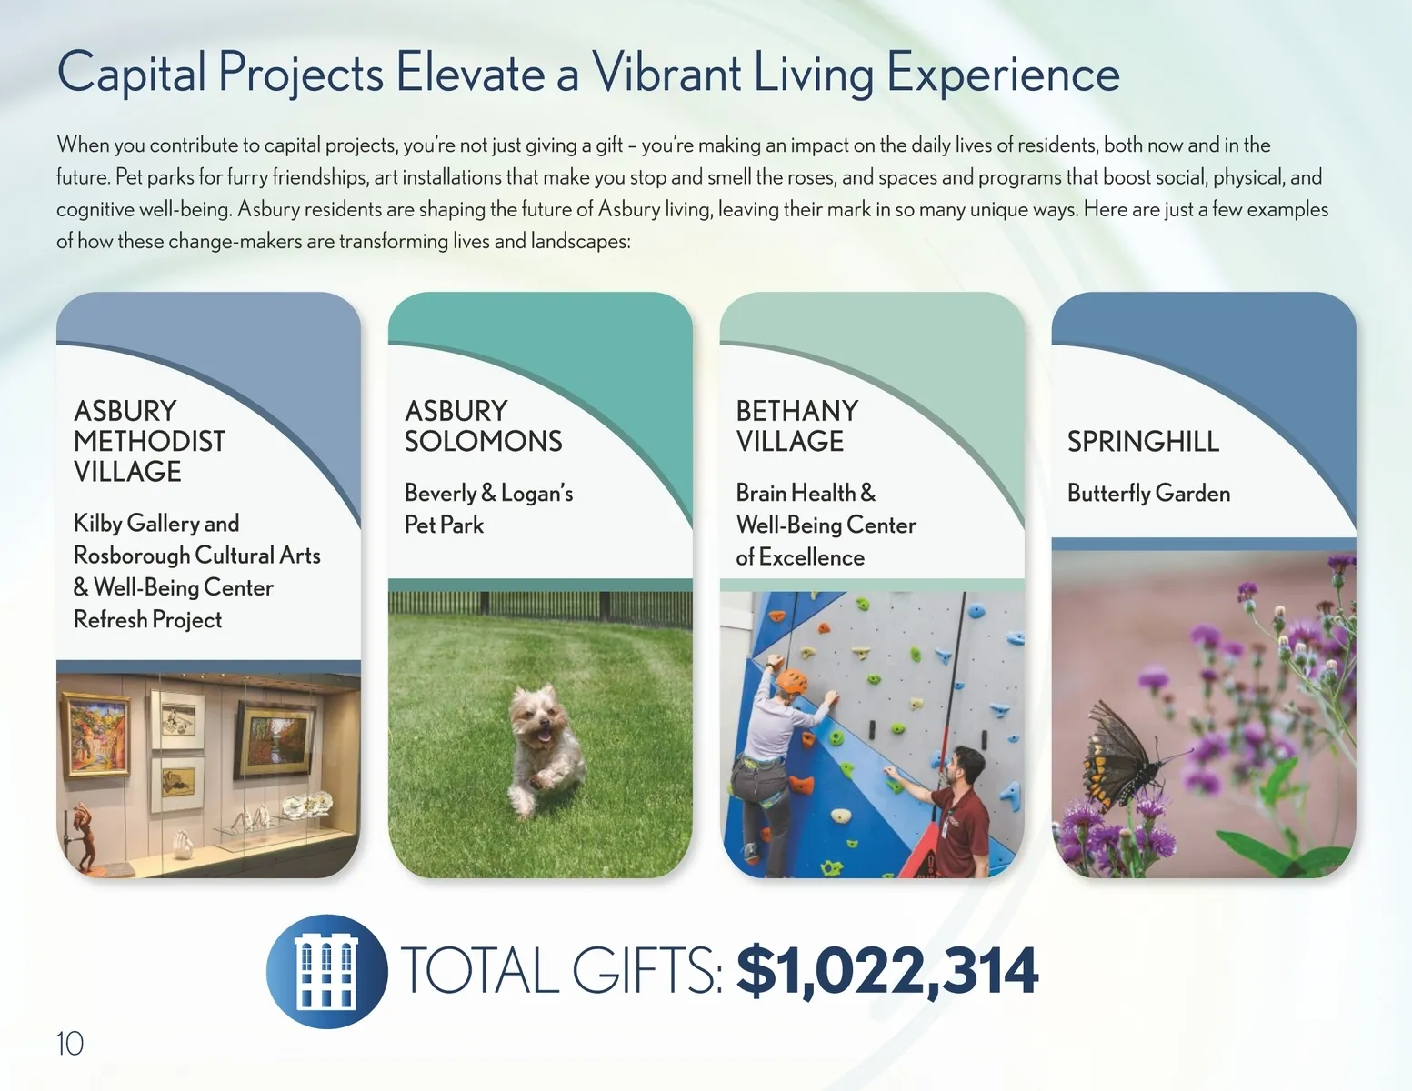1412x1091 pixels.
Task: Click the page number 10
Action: pyautogui.click(x=69, y=1045)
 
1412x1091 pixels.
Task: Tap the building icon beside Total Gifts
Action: pyautogui.click(x=326, y=971)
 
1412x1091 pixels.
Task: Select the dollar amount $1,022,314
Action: pyautogui.click(x=887, y=972)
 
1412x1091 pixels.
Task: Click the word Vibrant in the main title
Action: pyautogui.click(x=666, y=73)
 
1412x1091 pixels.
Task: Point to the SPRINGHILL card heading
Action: pyautogui.click(x=1143, y=442)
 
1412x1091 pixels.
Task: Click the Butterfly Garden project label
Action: pyautogui.click(x=1149, y=493)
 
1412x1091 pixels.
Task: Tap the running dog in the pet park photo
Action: pyautogui.click(x=546, y=747)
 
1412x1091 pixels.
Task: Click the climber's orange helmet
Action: pyautogui.click(x=791, y=681)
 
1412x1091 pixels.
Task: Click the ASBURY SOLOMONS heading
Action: pyautogui.click(x=483, y=426)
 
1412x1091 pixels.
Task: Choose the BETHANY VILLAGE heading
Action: pyautogui.click(x=796, y=426)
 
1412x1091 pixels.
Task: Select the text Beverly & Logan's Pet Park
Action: pyautogui.click(x=488, y=509)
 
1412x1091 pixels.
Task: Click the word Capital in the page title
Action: pyautogui.click(x=132, y=73)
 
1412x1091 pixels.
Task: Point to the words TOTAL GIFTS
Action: pyautogui.click(x=561, y=971)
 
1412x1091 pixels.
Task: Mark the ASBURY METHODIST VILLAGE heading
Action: pyautogui.click(x=149, y=441)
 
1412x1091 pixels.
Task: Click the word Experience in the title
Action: pyautogui.click(x=1003, y=74)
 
